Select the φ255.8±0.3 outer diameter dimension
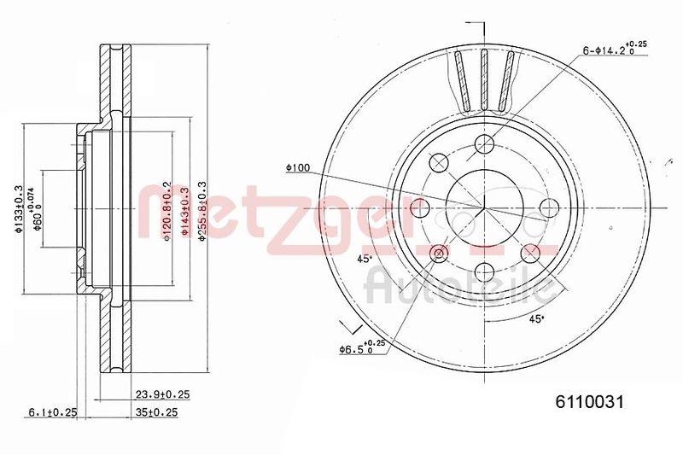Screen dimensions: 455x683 [202, 210]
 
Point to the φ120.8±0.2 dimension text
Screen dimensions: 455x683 [167, 210]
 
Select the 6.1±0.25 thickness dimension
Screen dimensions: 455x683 [52, 412]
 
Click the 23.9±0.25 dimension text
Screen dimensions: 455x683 [162, 394]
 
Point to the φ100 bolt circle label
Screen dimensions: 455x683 [297, 168]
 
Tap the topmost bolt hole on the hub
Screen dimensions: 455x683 [484, 143]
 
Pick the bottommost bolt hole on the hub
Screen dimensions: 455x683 [484, 272]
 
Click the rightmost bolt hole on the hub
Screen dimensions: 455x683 [548, 207]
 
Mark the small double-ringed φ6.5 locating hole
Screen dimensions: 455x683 [440, 253]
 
